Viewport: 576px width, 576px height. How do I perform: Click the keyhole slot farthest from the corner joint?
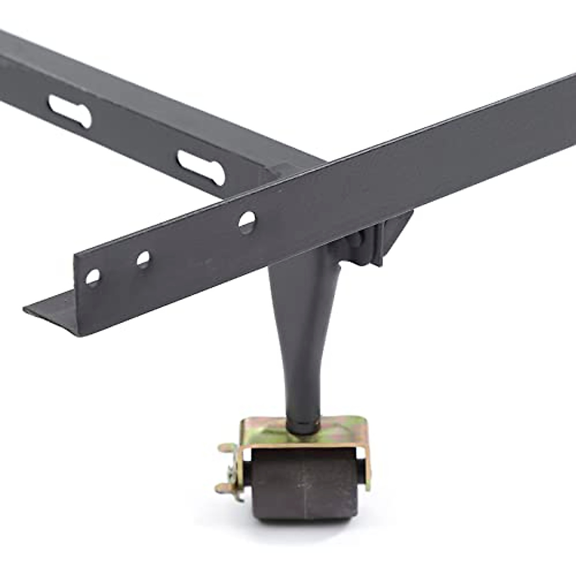click(x=70, y=111)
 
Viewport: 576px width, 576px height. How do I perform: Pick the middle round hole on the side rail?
click(x=143, y=259)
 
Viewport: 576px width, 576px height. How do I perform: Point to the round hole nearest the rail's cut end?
click(x=93, y=276)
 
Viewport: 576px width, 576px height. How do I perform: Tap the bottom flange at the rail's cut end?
click(x=53, y=312)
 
